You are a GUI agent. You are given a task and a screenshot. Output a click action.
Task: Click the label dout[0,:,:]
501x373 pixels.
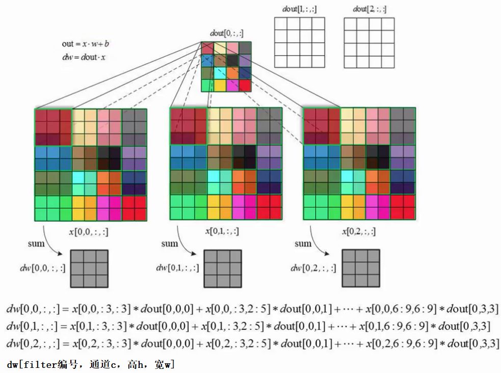226,34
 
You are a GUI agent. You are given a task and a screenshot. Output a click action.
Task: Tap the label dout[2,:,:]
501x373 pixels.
369,9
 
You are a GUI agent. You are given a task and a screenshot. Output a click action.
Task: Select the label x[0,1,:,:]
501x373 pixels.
222,231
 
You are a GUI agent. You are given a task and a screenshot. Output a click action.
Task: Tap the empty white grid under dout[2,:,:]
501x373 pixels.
369,43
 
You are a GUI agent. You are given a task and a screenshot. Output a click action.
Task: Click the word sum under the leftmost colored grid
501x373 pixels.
36,243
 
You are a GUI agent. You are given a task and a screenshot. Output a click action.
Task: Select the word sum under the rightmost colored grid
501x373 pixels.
303,243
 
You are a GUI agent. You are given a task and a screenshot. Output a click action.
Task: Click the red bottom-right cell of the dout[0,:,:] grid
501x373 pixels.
245,85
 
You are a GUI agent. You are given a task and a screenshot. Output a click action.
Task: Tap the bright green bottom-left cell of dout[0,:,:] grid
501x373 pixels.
207,85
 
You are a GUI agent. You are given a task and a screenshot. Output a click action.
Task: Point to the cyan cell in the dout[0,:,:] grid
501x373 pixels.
220,73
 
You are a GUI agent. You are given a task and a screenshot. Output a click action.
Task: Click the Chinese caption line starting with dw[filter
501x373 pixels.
91,364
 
